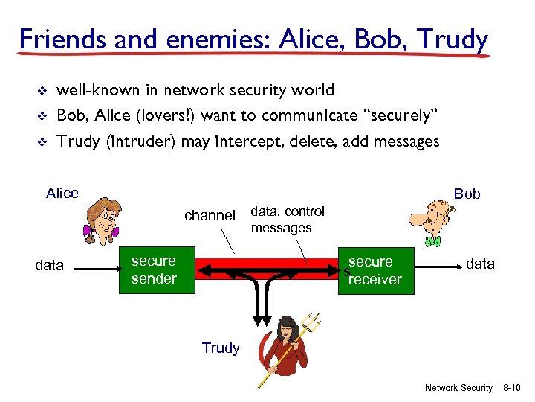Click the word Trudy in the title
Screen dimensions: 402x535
452,39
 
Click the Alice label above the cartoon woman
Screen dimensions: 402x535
62,194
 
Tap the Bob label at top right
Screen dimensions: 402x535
467,194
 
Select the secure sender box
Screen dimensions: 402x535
154,269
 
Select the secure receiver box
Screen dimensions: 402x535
372,270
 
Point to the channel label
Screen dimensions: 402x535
210,216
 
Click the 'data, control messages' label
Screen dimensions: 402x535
287,220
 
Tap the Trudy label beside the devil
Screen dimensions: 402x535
221,348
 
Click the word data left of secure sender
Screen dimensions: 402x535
50,266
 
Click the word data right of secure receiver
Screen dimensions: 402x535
480,264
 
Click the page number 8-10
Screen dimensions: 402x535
512,388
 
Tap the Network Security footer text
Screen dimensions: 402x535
458,388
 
